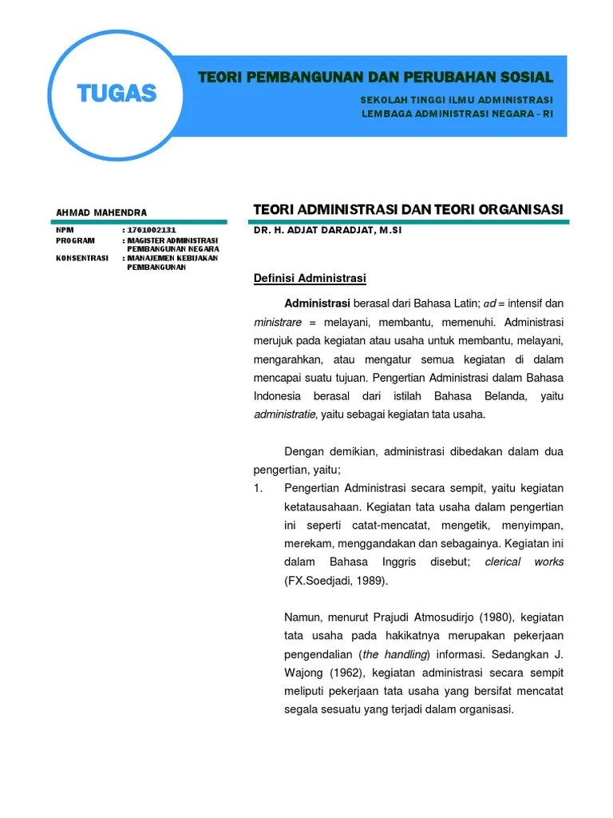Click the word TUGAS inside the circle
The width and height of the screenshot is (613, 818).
click(x=117, y=93)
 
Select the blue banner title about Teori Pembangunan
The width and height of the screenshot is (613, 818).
click(x=375, y=77)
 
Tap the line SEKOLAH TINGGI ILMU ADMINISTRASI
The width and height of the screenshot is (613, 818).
click(x=457, y=100)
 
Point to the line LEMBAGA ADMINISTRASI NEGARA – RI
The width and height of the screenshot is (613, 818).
click(x=457, y=113)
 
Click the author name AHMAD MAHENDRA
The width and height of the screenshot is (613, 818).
click(x=101, y=212)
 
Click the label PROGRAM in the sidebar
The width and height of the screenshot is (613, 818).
click(x=75, y=240)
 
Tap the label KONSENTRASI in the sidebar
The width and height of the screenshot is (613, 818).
click(x=81, y=258)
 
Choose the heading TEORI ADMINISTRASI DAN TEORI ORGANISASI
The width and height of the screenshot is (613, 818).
click(x=408, y=209)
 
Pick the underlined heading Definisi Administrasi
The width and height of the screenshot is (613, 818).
click(x=309, y=278)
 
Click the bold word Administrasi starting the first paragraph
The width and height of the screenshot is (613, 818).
click(x=317, y=304)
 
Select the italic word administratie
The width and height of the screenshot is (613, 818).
click(x=285, y=414)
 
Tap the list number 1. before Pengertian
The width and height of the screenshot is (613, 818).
click(x=259, y=488)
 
